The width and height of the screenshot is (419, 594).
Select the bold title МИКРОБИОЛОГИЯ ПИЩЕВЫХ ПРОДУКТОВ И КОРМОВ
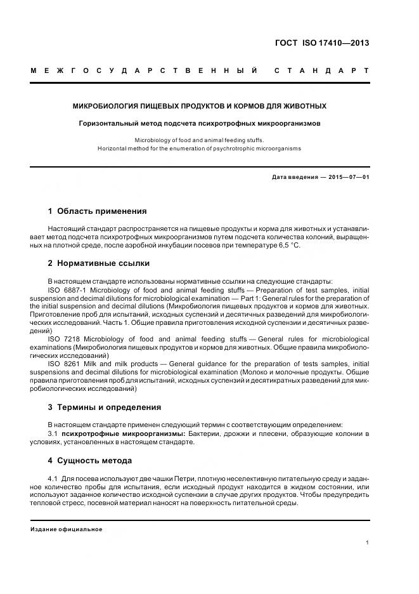(200, 106)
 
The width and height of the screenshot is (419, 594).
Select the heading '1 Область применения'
(97, 211)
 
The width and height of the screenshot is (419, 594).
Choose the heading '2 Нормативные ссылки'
(99, 263)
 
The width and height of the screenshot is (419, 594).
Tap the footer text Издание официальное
(67, 529)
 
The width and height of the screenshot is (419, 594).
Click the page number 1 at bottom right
(368, 543)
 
